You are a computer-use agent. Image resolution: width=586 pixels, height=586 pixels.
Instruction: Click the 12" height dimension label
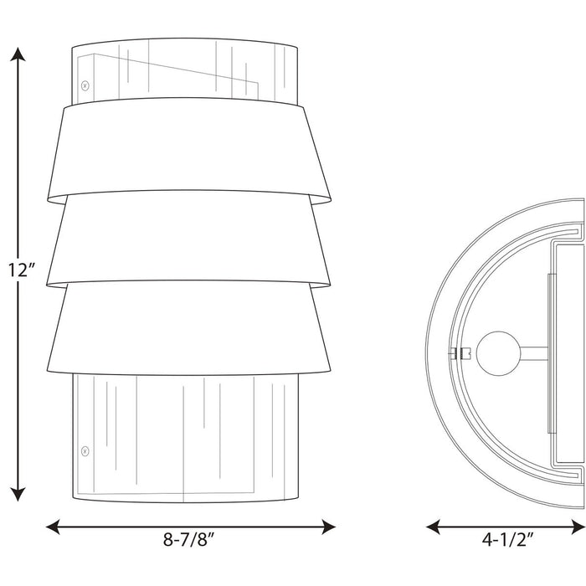pos(22,270)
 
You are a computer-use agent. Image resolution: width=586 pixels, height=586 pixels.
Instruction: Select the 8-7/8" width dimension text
pos(189,539)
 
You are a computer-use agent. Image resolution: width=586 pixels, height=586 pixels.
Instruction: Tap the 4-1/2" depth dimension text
pos(507,539)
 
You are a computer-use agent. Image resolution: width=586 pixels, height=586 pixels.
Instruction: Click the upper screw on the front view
pos(85,86)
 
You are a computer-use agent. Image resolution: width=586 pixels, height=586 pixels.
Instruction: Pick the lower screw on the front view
pos(85,451)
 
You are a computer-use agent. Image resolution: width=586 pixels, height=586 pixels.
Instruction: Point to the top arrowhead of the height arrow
pos(18,54)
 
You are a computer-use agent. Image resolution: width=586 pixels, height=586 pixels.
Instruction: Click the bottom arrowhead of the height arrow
pos(18,494)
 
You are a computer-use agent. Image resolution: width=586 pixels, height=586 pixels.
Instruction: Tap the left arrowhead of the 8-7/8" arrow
pos(53,527)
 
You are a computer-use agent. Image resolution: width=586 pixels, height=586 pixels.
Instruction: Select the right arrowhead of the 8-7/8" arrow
pos(328,527)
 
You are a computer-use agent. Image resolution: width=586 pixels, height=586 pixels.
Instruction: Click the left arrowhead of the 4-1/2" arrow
pos(433,527)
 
